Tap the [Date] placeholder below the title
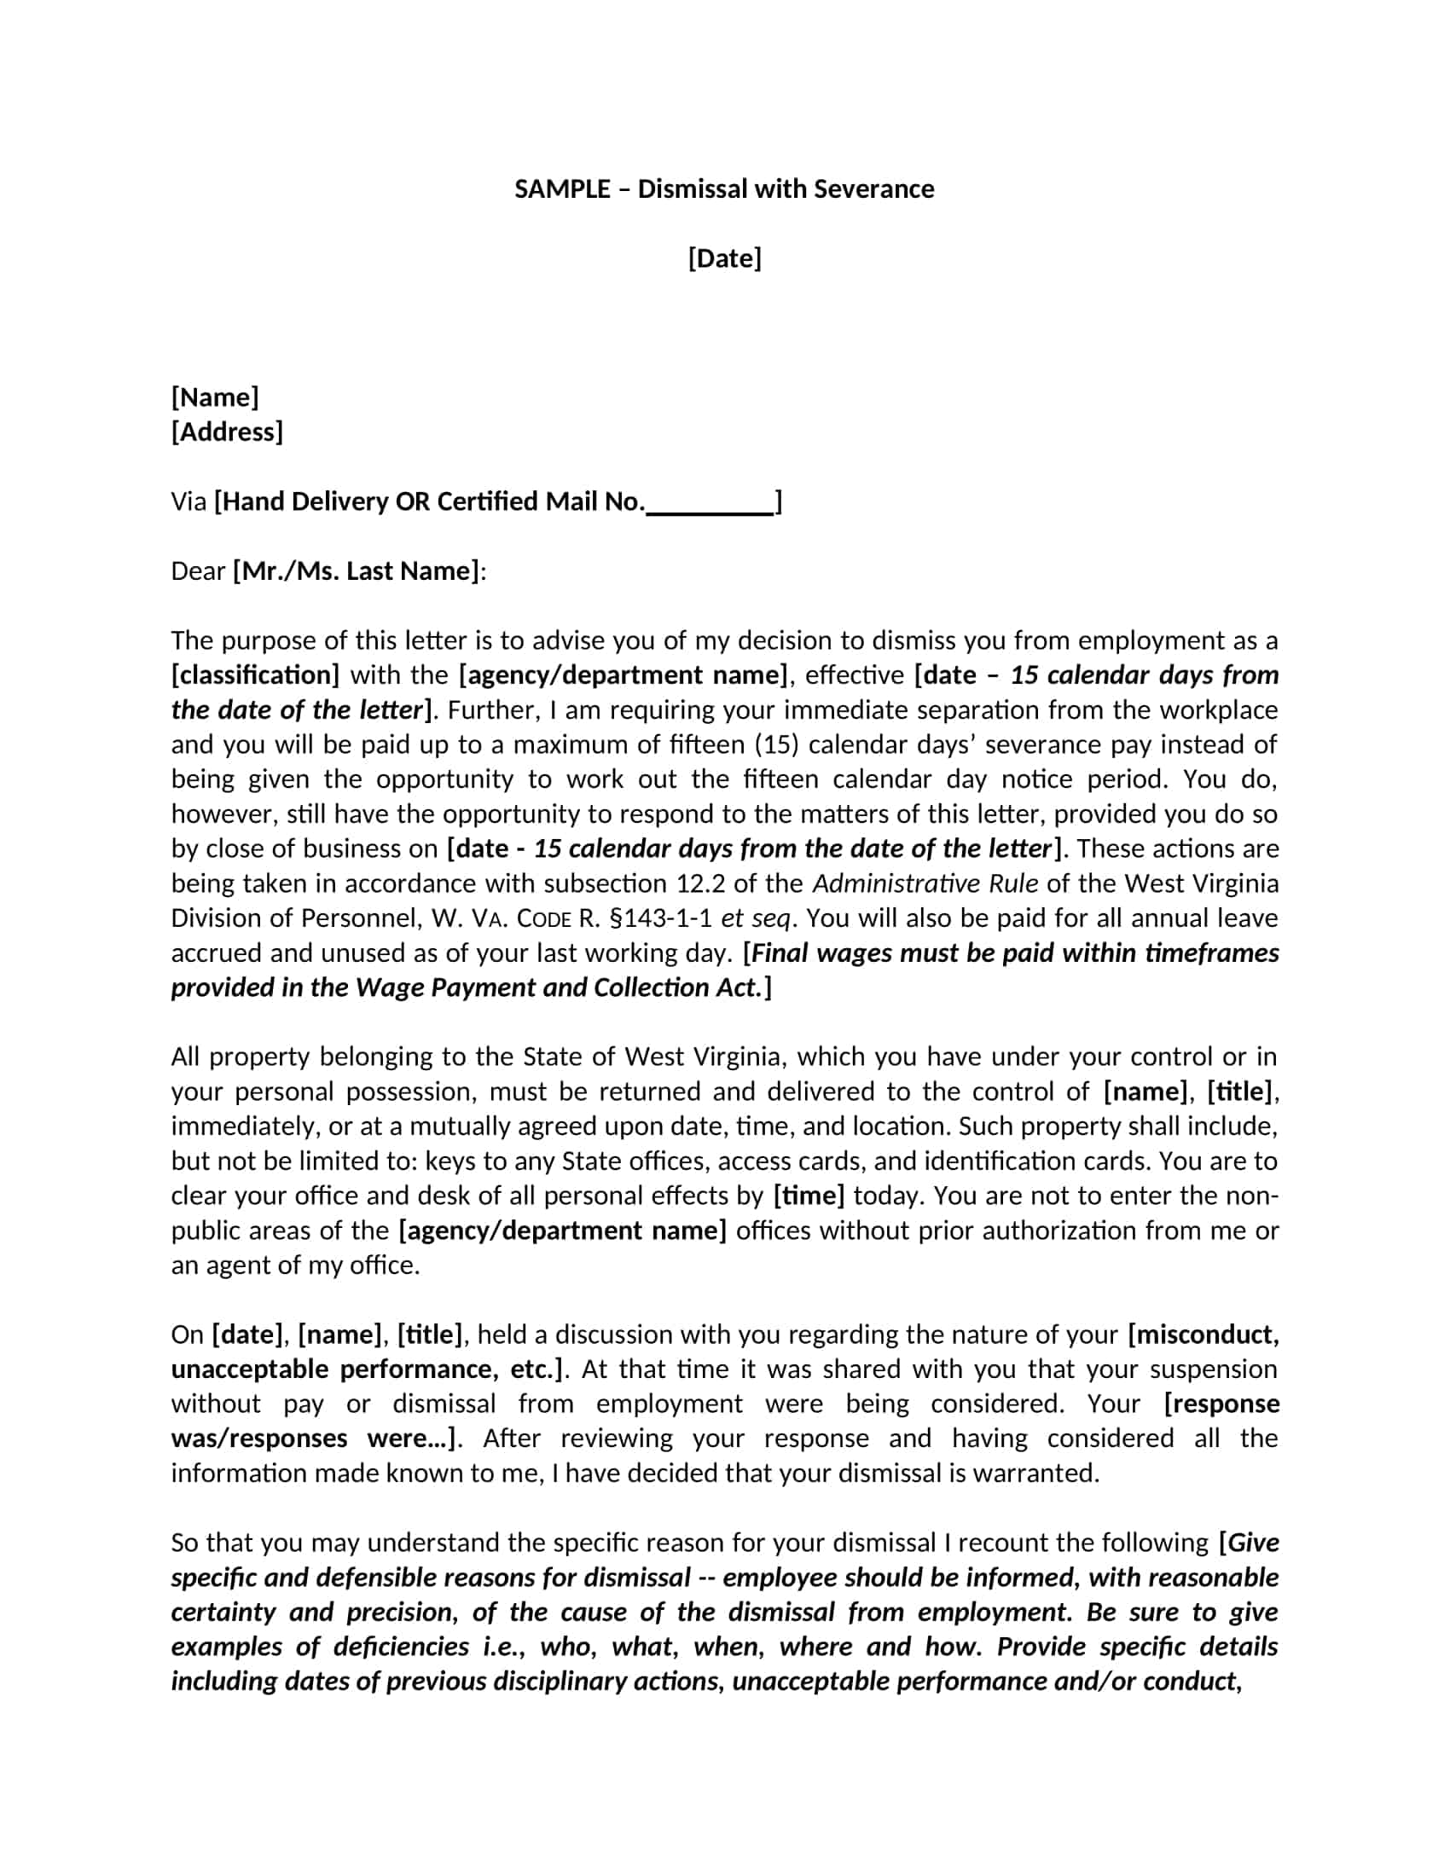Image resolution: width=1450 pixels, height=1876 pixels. point(724,258)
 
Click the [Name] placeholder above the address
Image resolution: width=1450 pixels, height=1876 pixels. point(215,397)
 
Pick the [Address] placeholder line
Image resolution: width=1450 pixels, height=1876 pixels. point(227,431)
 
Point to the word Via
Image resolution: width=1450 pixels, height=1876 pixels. point(189,501)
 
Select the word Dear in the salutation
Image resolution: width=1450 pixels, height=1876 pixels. point(198,571)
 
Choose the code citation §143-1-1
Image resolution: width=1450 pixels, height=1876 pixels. point(659,918)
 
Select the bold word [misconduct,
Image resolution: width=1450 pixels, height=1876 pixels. point(1203,1334)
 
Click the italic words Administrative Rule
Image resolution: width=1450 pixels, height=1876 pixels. point(925,884)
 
